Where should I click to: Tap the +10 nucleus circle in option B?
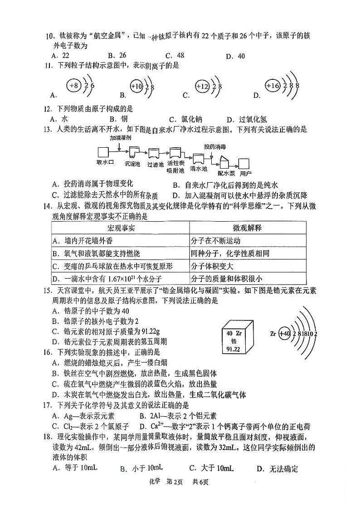pyautogui.click(x=136, y=86)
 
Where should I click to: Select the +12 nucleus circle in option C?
pyautogui.click(x=202, y=86)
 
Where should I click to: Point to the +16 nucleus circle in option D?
pyautogui.click(x=273, y=85)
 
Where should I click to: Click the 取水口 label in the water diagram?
pyautogui.click(x=104, y=162)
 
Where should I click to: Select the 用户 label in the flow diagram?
pyautogui.click(x=246, y=173)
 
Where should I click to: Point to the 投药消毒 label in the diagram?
pyautogui.click(x=215, y=146)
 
